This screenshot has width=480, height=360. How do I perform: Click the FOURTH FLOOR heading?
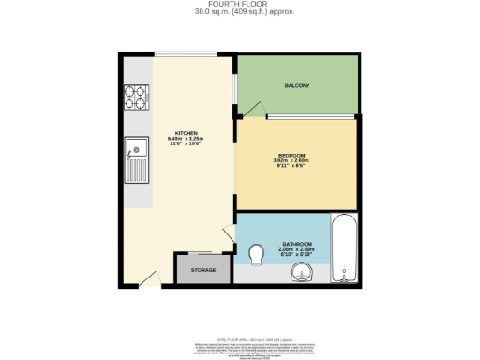(239, 5)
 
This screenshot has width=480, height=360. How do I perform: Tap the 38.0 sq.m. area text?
(216, 12)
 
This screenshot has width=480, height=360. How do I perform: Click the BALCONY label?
(297, 86)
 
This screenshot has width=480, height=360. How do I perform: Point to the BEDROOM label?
(292, 154)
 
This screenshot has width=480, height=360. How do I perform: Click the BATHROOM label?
(296, 245)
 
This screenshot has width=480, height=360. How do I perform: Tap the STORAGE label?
(203, 270)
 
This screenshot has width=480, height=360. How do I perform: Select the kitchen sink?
(135, 157)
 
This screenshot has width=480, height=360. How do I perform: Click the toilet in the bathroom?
(257, 255)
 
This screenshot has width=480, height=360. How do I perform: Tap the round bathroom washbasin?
(300, 273)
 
